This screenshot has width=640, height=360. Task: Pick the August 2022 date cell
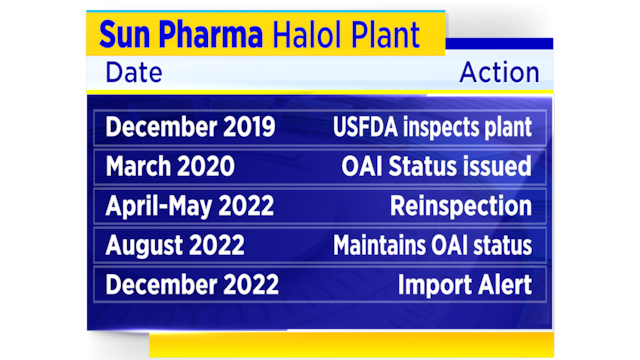(175, 245)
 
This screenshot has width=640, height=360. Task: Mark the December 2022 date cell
(192, 284)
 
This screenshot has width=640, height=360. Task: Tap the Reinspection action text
(461, 206)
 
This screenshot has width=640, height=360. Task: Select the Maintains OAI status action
(432, 245)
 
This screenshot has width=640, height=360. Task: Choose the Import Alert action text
(464, 284)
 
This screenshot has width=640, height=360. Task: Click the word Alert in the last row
(503, 284)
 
